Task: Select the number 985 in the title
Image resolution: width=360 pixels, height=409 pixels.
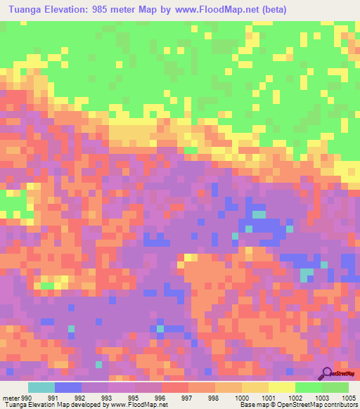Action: tap(112, 9)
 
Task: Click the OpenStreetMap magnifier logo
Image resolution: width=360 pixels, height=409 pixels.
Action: tap(327, 374)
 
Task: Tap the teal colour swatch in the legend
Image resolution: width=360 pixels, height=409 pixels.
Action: tap(41, 387)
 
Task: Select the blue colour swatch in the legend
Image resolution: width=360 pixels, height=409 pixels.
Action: tap(68, 387)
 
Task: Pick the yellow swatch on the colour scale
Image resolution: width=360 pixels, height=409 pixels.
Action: tap(281, 387)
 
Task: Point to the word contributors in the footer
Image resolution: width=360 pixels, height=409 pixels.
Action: tap(338, 404)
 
